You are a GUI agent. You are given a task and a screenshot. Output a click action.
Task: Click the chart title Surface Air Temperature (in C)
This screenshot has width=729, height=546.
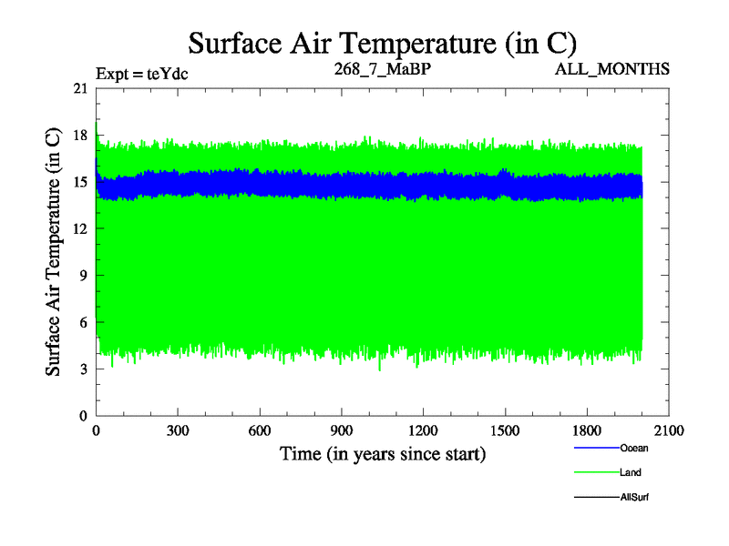click(x=383, y=43)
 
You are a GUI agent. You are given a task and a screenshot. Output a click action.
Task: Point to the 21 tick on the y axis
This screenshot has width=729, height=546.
click(x=80, y=88)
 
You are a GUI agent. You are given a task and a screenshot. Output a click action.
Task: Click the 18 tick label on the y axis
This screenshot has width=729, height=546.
click(x=80, y=135)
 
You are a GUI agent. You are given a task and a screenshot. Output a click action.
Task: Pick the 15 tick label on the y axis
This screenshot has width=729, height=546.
click(x=80, y=182)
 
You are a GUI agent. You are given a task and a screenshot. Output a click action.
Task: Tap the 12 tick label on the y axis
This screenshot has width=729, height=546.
click(x=80, y=228)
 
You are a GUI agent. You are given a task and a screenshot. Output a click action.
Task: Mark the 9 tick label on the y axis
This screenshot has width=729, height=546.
click(x=84, y=275)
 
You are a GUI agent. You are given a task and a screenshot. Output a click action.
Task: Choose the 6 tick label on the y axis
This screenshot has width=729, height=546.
click(x=84, y=322)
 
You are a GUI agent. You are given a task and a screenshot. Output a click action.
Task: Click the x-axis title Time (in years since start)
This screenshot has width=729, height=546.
click(x=382, y=453)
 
